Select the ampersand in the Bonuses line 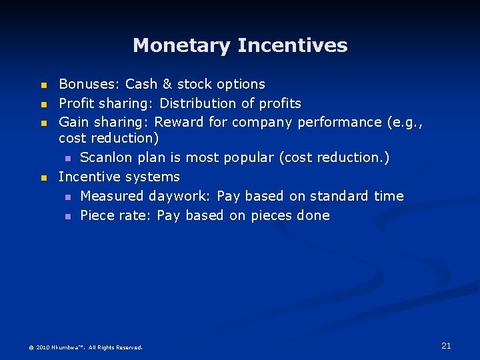pos(166,85)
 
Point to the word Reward pos(178,123)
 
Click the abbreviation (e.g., pos(406,123)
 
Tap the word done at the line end pos(313,215)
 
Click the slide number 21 pos(446,345)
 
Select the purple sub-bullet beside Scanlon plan pos(67,159)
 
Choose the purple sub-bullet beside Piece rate pos(67,217)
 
